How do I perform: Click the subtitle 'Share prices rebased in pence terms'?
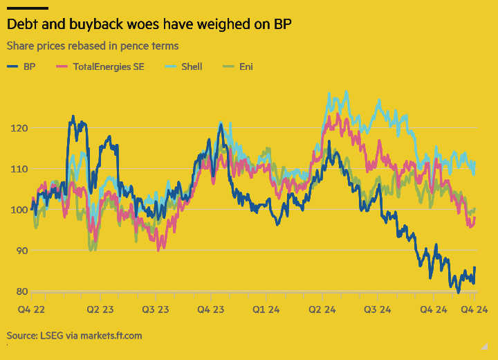coord(93,46)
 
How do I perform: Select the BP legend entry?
coord(22,66)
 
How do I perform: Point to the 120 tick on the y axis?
coord(19,128)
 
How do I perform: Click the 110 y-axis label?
coord(19,169)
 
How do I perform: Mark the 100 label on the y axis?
coord(19,210)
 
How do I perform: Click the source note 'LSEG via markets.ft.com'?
coord(74,336)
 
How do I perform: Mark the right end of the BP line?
coord(474,268)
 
